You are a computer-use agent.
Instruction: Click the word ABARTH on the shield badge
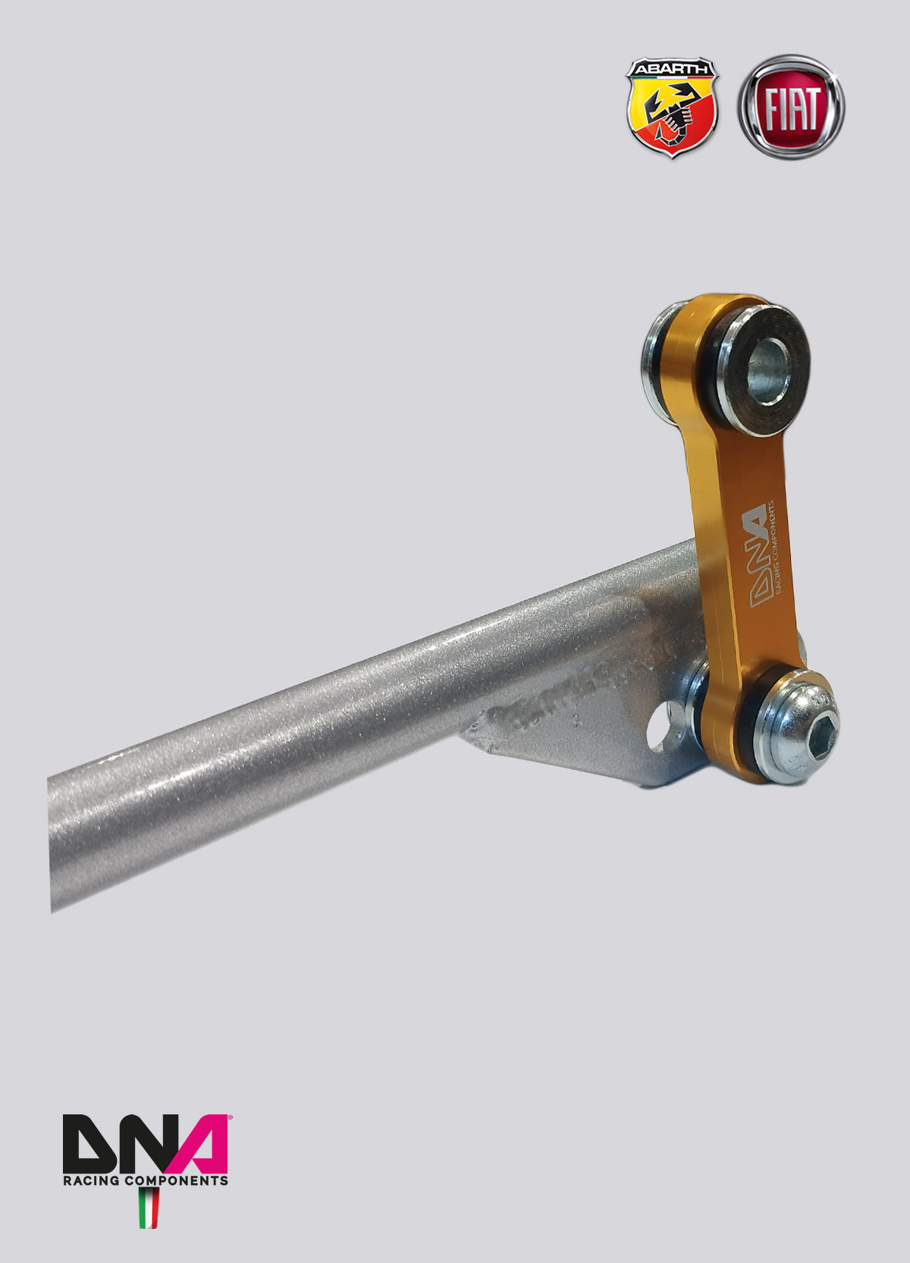click(671, 69)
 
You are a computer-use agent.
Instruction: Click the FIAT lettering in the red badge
click(792, 108)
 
